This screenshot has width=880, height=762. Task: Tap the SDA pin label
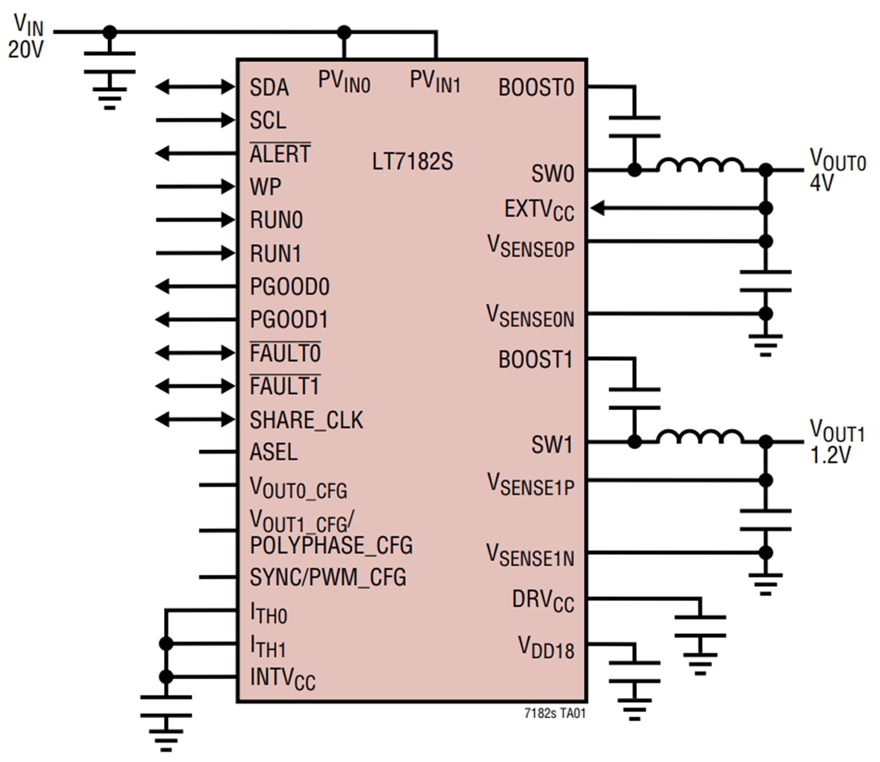[269, 87]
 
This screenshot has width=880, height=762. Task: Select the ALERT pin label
[279, 154]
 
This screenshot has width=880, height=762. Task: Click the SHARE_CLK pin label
[306, 419]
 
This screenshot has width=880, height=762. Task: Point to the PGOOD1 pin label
[289, 319]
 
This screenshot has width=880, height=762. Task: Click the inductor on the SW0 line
[699, 166]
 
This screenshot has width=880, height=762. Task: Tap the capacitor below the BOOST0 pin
[634, 126]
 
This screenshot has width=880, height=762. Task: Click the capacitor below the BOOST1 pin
[634, 398]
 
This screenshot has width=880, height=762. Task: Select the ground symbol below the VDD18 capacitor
[634, 705]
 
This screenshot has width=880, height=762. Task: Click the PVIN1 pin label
[435, 81]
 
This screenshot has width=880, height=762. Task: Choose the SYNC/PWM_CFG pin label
[327, 576]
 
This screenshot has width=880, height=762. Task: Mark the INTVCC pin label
[282, 679]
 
